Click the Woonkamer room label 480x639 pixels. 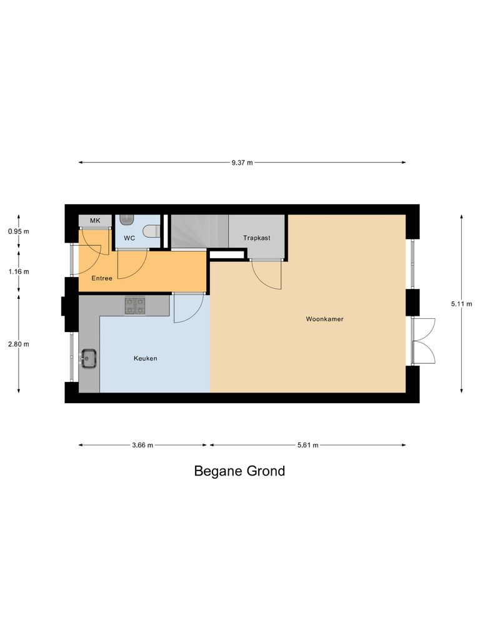click(324, 319)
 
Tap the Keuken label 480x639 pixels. click(145, 359)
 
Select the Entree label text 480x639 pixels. click(102, 278)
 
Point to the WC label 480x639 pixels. click(129, 238)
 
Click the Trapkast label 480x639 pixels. click(257, 238)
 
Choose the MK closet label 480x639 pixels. click(95, 221)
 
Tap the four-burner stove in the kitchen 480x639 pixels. click(134, 305)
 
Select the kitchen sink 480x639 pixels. click(87, 359)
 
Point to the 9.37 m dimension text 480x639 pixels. click(242, 162)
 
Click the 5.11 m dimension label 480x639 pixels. click(461, 304)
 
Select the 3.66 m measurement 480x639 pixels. click(142, 445)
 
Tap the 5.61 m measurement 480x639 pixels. click(307, 445)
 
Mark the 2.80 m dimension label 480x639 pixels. click(19, 344)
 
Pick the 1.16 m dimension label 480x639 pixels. click(19, 272)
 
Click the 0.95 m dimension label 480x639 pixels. click(19, 232)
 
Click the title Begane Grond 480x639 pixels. click(239, 471)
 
